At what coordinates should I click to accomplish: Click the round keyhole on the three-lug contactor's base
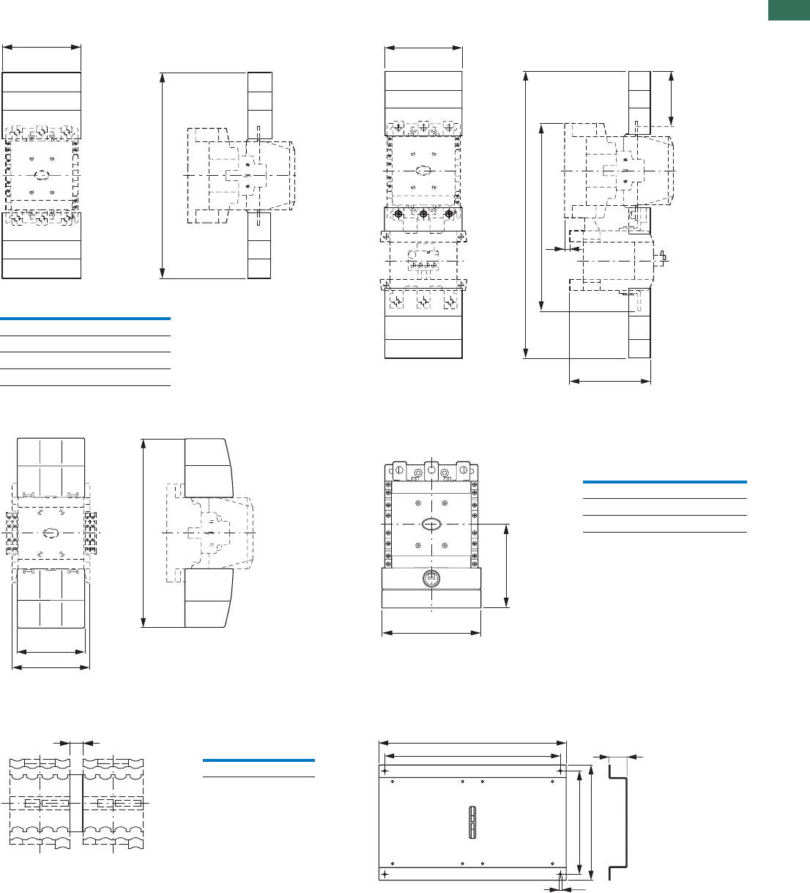click(431, 578)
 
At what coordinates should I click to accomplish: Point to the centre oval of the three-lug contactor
click(431, 524)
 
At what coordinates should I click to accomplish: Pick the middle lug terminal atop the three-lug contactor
click(431, 470)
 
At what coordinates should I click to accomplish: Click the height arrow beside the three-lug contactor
click(506, 565)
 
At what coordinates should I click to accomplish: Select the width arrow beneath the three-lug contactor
click(431, 633)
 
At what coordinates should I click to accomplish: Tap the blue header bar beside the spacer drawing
click(258, 760)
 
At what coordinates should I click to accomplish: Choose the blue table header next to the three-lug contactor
click(664, 482)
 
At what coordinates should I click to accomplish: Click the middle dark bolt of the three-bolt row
click(423, 215)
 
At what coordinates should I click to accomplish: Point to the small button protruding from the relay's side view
click(664, 256)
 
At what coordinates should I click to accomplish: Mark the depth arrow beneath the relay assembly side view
click(609, 381)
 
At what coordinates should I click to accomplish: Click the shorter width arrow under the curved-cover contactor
click(51, 651)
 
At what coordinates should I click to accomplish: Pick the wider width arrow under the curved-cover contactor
click(51, 667)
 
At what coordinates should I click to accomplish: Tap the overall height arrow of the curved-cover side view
click(144, 533)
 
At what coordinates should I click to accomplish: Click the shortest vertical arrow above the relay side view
click(672, 98)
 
